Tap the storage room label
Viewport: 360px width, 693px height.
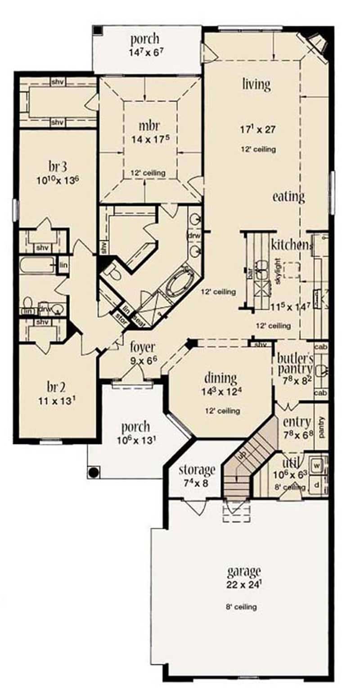(197, 470)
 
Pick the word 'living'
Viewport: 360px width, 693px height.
(256, 84)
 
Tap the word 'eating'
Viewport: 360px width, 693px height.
(288, 197)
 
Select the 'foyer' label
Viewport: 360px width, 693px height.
(143, 347)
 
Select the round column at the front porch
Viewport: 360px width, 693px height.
(94, 472)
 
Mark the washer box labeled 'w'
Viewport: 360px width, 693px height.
(318, 463)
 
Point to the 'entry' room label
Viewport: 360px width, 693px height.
(297, 423)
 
